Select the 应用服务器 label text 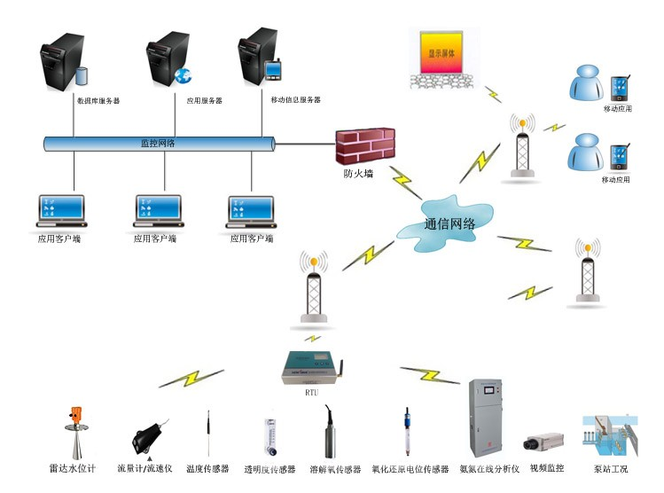point(204,101)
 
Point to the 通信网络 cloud point(449,225)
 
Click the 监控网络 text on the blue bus point(158,143)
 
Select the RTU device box point(309,364)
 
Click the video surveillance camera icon point(542,443)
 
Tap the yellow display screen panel point(441,52)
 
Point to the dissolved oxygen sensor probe point(330,433)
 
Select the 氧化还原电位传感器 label point(410,468)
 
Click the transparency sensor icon point(270,438)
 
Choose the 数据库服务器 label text point(98,101)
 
